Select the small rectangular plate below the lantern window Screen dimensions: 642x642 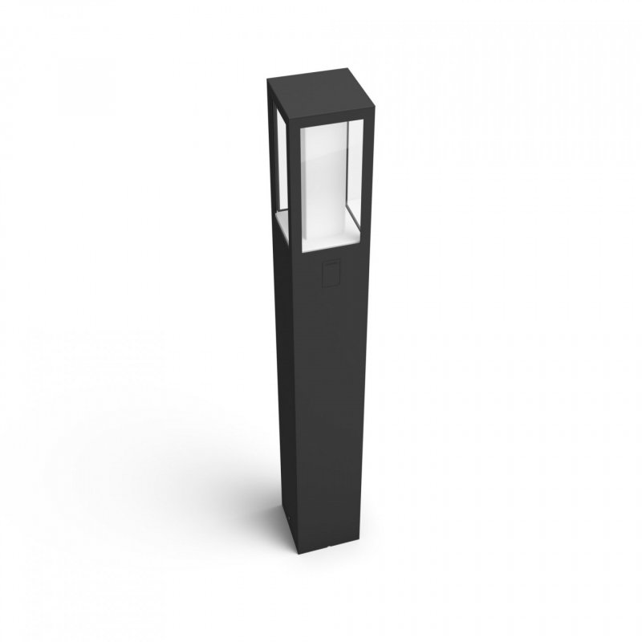pyautogui.click(x=330, y=274)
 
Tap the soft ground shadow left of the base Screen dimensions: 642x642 pyautogui.click(x=241, y=514)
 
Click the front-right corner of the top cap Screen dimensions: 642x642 pyautogui.click(x=372, y=112)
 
